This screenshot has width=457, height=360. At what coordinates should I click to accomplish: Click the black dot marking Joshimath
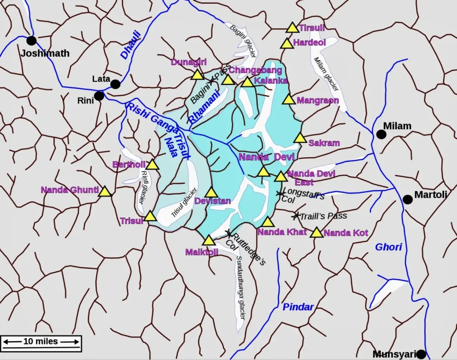[31, 41]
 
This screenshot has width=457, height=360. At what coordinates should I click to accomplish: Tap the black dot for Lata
[115, 84]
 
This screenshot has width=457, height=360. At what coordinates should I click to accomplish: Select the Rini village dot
[99, 96]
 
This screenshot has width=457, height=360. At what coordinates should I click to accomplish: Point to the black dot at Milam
[381, 134]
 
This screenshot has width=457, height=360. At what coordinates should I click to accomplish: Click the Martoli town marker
[407, 199]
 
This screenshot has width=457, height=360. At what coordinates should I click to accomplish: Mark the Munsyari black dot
[421, 354]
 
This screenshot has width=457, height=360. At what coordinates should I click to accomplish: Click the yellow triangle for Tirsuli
[292, 28]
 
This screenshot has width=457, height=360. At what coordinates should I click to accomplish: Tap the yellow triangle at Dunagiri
[197, 74]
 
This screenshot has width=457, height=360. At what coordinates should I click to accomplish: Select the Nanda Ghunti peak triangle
[105, 192]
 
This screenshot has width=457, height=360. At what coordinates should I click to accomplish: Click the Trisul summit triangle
[150, 217]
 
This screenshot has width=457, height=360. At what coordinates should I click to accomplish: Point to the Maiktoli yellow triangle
[209, 240]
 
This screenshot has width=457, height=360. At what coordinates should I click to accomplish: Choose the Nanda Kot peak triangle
[316, 232]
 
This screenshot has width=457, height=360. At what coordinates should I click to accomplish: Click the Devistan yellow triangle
[211, 193]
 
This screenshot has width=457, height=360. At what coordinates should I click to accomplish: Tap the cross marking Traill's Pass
[295, 216]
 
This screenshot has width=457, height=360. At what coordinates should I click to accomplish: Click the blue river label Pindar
[298, 307]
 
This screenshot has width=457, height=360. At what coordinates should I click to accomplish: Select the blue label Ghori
[388, 247]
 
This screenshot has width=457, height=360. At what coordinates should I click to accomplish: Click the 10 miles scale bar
[41, 342]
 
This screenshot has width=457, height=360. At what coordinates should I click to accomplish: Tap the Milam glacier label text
[326, 74]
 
